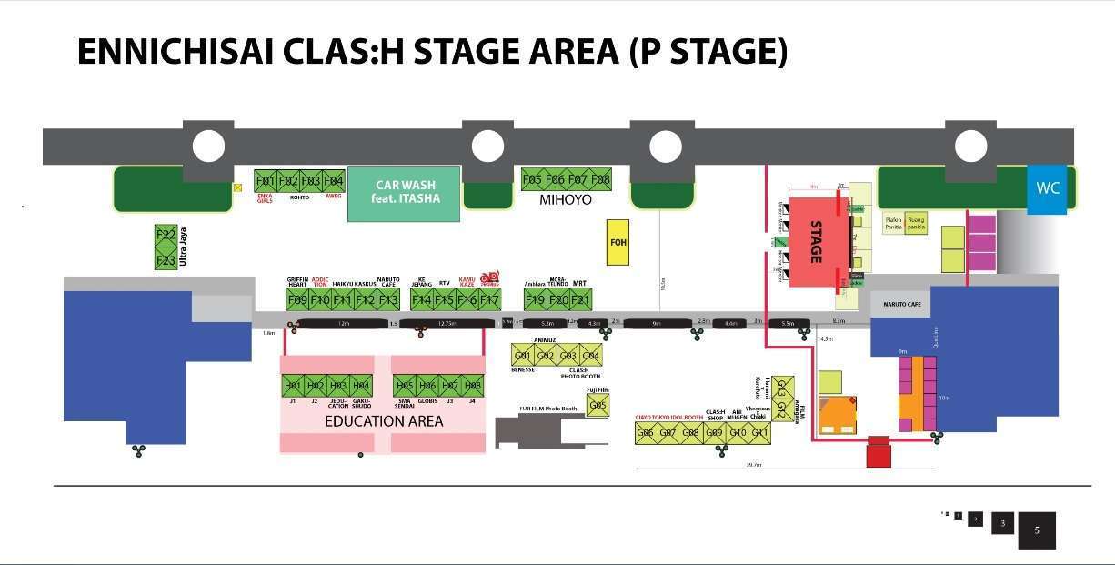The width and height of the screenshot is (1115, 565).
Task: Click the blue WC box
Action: tap(1047, 188)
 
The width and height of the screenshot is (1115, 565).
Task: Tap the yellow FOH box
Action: tap(618, 243)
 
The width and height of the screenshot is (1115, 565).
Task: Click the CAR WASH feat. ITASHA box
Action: tap(404, 192)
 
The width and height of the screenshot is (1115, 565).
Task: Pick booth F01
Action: tap(266, 180)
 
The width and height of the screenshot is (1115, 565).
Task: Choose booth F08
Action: tap(600, 179)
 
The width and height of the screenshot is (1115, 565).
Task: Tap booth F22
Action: tap(166, 236)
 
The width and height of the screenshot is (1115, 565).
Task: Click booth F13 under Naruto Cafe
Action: tap(388, 299)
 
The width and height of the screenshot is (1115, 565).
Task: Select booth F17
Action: tap(489, 299)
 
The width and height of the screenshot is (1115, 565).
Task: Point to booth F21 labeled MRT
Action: tap(580, 299)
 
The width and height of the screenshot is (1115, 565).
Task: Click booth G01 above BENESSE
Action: tap(522, 356)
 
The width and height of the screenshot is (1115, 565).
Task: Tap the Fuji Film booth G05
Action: tap(598, 406)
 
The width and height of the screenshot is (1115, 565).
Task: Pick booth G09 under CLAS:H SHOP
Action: tap(715, 433)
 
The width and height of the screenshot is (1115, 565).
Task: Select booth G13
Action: tap(780, 387)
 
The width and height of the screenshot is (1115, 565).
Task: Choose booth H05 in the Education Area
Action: tap(405, 386)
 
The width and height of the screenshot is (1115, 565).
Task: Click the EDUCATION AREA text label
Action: tap(384, 421)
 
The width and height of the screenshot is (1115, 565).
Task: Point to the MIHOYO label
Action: tap(566, 199)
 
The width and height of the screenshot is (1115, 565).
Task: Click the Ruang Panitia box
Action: tap(917, 222)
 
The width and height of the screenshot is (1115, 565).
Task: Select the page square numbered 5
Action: tap(1037, 530)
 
